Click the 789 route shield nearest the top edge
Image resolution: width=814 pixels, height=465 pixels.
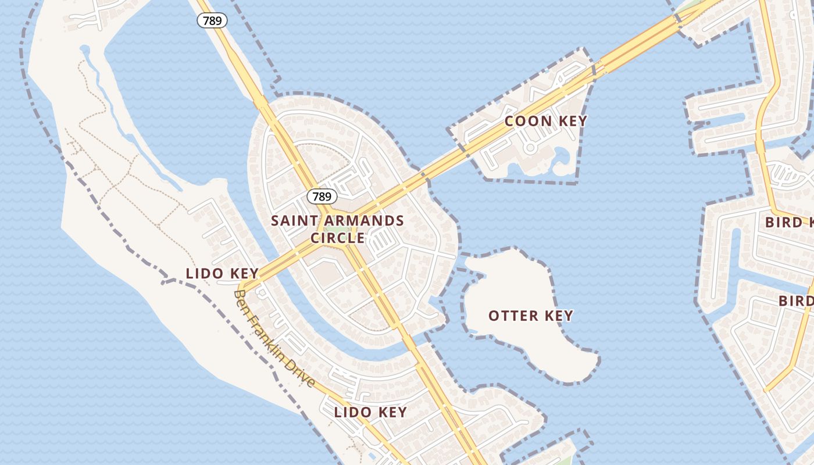click(212, 20)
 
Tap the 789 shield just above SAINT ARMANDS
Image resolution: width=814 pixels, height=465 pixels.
click(322, 196)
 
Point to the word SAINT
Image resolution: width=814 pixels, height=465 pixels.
click(295, 221)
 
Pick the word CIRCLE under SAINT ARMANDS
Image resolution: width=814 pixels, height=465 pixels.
click(338, 238)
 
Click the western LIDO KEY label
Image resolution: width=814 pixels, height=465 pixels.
click(222, 273)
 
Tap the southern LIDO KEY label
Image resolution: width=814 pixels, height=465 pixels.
click(370, 412)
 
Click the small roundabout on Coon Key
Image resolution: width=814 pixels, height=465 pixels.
click(529, 148)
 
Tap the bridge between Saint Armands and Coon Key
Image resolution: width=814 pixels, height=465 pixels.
click(445, 166)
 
